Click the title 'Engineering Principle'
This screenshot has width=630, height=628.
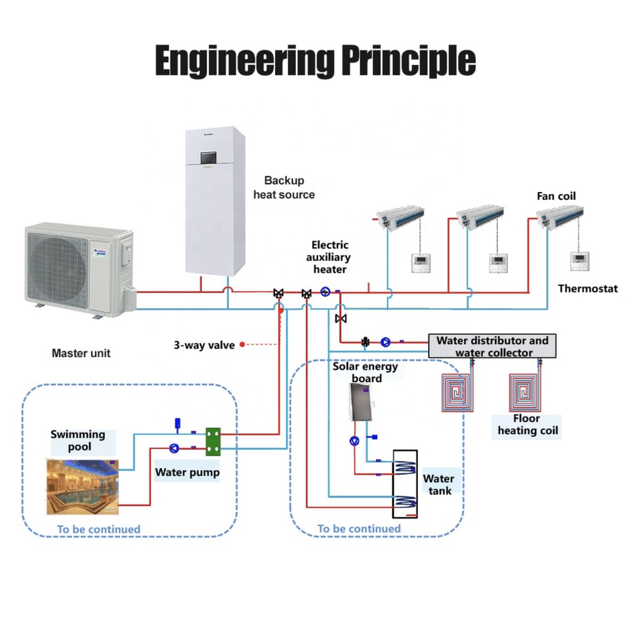[316, 61]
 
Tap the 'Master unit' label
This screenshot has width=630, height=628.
[81, 353]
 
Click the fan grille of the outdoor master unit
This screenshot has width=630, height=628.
[58, 264]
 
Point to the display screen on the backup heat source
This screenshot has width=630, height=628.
[208, 157]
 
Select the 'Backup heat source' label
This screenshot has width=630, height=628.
[284, 187]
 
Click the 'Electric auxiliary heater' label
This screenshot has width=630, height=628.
[329, 257]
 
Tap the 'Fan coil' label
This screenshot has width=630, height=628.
[556, 196]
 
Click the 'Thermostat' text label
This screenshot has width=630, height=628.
[587, 288]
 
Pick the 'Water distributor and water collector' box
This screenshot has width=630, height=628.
[492, 346]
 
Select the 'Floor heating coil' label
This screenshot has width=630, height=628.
[528, 425]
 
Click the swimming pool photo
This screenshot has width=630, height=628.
[83, 487]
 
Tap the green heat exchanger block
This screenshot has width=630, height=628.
[213, 441]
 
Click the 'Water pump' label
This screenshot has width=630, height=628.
[187, 472]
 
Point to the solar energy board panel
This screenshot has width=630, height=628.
[360, 402]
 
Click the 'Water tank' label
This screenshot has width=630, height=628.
[439, 484]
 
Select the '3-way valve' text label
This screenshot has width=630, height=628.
[204, 345]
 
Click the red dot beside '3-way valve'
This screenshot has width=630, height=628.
[242, 344]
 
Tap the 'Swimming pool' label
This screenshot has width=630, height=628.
[78, 441]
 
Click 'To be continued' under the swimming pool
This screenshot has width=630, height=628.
[98, 529]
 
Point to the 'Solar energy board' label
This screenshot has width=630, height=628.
[366, 372]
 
